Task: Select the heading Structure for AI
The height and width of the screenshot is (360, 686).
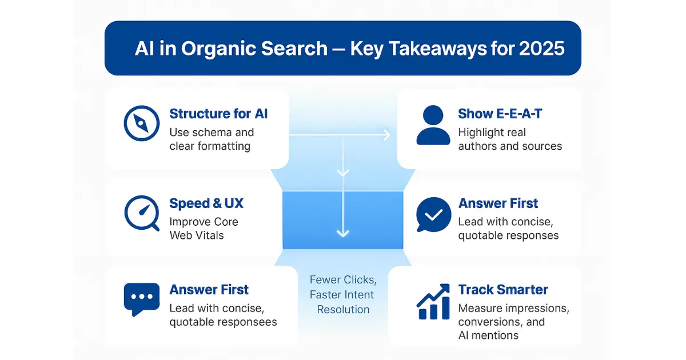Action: (218, 114)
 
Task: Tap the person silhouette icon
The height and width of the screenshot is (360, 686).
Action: (433, 125)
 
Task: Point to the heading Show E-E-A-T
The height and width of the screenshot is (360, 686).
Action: (500, 114)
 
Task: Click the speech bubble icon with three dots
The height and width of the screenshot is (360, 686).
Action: (141, 299)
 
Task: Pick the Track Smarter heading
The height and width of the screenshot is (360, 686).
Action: (503, 290)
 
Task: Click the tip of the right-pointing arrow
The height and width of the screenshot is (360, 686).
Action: (389, 135)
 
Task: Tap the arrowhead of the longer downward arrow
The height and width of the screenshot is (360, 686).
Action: (342, 234)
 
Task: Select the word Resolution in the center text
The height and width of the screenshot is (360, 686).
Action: (343, 310)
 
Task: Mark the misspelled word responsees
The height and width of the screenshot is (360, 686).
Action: (246, 322)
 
